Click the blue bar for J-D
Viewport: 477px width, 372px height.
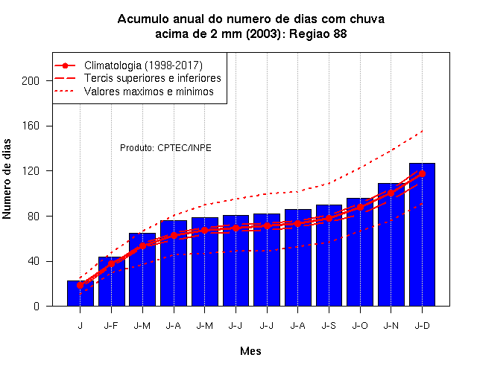pyautogui.click(x=422, y=234)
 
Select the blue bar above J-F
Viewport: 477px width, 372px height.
pyautogui.click(x=111, y=281)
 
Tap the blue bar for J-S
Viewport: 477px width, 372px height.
pyautogui.click(x=329, y=255)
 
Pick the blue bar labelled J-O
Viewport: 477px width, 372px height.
pyautogui.click(x=360, y=252)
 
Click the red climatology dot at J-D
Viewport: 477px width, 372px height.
pyautogui.click(x=422, y=173)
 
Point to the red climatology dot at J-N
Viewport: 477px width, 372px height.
pyautogui.click(x=391, y=193)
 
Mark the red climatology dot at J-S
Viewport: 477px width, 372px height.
pyautogui.click(x=329, y=218)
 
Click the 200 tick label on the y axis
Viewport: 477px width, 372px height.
pyautogui.click(x=31, y=81)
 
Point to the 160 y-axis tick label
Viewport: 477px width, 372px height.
pyautogui.click(x=31, y=126)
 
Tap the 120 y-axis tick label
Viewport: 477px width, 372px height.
pyautogui.click(x=31, y=171)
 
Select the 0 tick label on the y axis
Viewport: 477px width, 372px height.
pyautogui.click(x=37, y=306)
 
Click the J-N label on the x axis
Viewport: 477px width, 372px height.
pyautogui.click(x=391, y=326)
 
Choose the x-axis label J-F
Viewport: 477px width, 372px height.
pyautogui.click(x=111, y=326)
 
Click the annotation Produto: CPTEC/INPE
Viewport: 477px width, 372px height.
pyautogui.click(x=165, y=148)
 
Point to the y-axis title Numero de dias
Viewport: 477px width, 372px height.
pyautogui.click(x=7, y=179)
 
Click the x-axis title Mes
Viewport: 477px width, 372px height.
pyautogui.click(x=250, y=351)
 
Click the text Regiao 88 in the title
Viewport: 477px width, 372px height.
pyautogui.click(x=318, y=33)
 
